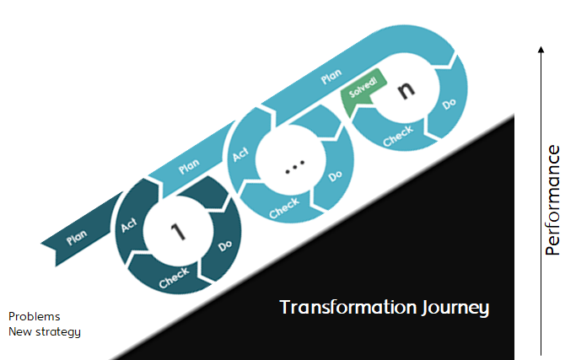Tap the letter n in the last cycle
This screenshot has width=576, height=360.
[407, 91]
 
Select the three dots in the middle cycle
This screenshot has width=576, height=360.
[293, 169]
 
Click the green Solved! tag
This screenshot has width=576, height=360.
[363, 89]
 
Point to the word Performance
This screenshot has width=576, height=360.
[552, 200]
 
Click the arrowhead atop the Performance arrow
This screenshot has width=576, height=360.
[541, 50]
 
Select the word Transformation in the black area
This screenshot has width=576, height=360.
[347, 307]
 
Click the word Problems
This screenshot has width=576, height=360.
[35, 316]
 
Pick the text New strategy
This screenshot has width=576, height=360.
[45, 331]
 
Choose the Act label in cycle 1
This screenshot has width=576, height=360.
[129, 224]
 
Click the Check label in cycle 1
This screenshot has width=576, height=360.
[173, 279]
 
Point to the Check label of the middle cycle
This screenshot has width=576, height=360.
[284, 208]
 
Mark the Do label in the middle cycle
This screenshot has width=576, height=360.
[335, 176]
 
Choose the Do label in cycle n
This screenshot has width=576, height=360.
[449, 105]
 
